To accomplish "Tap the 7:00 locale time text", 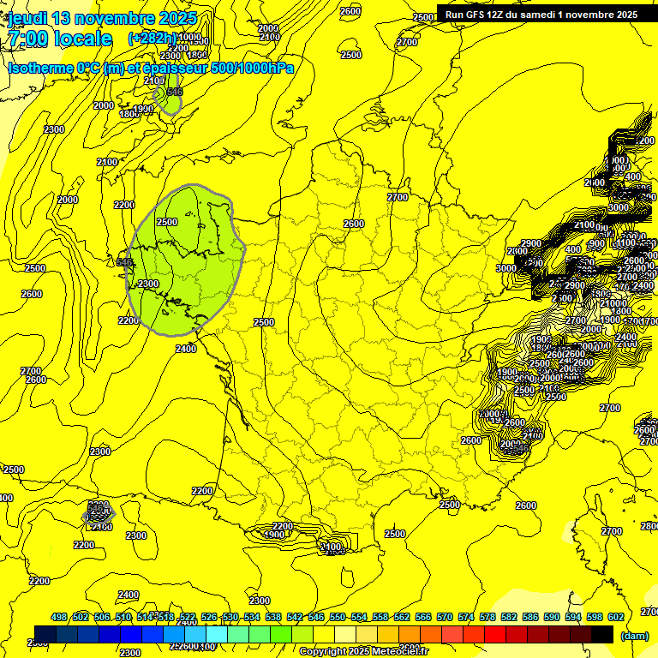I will (60, 39).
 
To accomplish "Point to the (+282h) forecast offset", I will (153, 39).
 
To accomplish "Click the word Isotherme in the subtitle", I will (39, 68).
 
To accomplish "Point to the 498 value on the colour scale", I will (59, 617).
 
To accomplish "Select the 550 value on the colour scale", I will (338, 617).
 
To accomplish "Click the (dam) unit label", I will (633, 636).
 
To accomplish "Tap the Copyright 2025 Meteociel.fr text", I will (363, 652).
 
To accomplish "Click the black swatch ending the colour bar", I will (602, 634).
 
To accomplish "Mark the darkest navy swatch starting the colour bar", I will (45, 634).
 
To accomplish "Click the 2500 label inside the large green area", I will (167, 222).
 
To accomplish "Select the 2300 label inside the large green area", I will (148, 284).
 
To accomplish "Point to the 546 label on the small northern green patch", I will (175, 92).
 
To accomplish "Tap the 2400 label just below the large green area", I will (185, 348).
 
